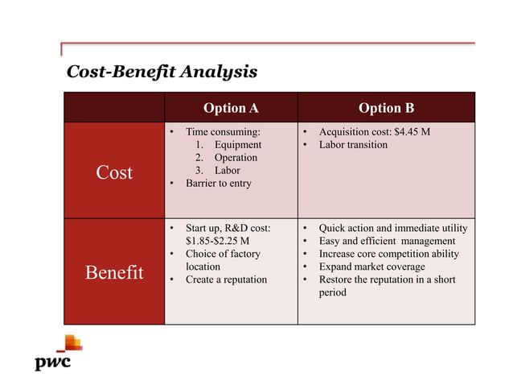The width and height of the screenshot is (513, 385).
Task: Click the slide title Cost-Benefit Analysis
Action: [x=161, y=72]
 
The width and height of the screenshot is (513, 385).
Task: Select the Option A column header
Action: [x=231, y=108]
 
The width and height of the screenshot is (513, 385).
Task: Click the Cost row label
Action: [x=114, y=172]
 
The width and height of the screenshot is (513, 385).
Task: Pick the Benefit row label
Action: [x=114, y=272]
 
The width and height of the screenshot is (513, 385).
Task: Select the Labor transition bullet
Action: [x=353, y=144]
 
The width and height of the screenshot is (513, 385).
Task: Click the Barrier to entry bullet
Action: [x=218, y=183]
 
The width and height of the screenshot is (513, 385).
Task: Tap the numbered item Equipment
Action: [x=237, y=144]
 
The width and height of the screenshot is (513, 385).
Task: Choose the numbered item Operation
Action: [x=236, y=157]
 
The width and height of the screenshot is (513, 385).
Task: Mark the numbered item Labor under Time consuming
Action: [x=227, y=170]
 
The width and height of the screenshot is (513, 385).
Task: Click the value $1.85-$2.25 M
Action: [x=217, y=241]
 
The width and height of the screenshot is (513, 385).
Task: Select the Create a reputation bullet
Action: [x=226, y=279]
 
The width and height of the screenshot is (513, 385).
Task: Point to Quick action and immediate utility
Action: [x=392, y=228]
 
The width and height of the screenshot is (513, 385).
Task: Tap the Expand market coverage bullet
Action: [x=371, y=267]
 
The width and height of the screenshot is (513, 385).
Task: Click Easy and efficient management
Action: [x=387, y=241]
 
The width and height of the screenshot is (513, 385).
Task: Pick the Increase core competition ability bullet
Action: [x=389, y=254]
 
